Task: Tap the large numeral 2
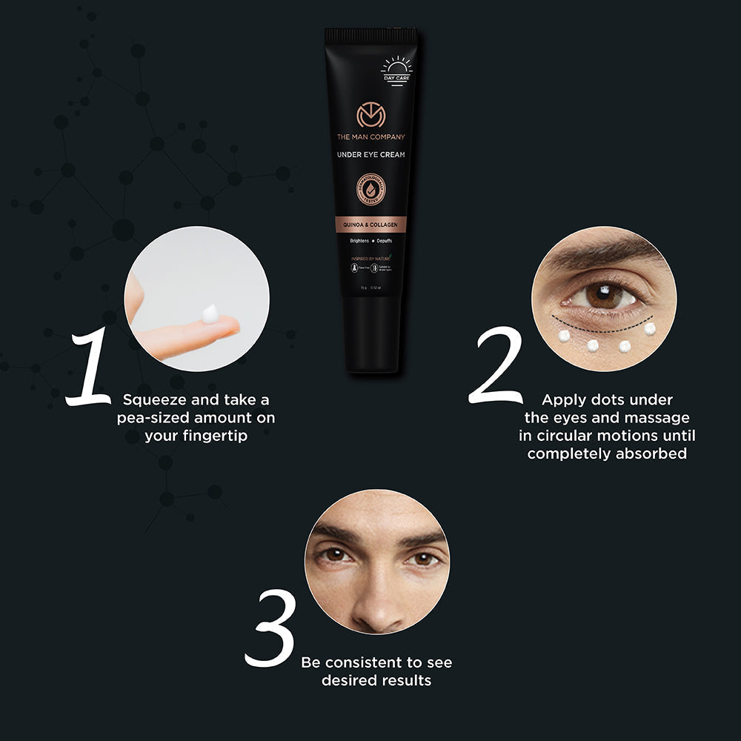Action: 495,365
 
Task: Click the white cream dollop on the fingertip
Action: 210,314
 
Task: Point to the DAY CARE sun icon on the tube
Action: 396,69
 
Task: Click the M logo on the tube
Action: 371,116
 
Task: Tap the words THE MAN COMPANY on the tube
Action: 371,137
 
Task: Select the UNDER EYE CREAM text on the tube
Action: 371,154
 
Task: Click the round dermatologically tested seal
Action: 371,190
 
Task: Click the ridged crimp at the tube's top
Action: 370,34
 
